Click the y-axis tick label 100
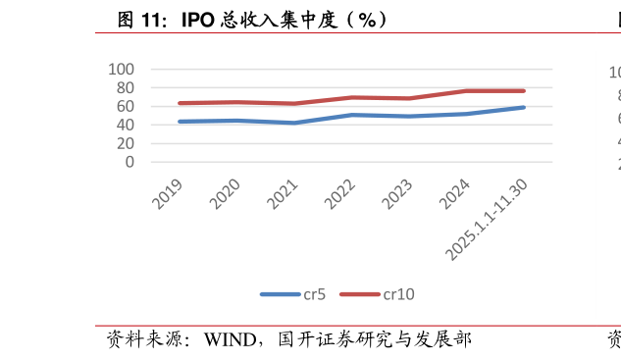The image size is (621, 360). point(122,70)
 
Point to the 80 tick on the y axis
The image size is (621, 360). point(126,88)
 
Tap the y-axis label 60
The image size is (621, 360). point(126,106)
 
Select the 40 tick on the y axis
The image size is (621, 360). point(126,125)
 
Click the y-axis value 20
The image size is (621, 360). point(126,143)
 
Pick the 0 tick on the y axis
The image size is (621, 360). point(129,162)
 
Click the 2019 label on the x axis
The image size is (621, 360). point(167,194)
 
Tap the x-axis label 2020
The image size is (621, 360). point(225,194)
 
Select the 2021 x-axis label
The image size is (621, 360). point(282,194)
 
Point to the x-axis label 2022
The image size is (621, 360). point(339,194)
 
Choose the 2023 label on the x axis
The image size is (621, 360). point(397,194)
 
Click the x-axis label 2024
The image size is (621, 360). point(454,194)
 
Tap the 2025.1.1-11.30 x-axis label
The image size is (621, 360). point(487,220)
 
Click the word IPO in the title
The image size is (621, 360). point(198,20)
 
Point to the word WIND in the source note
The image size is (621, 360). point(231,339)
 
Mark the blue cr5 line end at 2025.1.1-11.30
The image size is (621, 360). point(524,107)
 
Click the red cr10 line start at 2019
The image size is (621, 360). point(181,103)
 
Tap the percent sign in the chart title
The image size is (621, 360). point(367,20)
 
